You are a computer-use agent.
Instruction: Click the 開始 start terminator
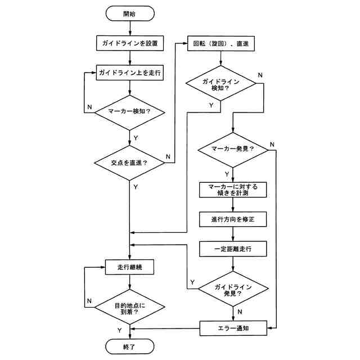[129, 13]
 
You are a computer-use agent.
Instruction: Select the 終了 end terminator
[129, 345]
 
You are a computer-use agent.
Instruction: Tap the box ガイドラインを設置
[130, 43]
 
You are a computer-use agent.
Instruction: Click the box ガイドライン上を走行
[130, 73]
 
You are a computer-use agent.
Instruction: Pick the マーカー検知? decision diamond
[130, 112]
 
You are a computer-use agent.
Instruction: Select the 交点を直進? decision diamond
[130, 163]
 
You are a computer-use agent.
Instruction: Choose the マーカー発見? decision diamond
[232, 150]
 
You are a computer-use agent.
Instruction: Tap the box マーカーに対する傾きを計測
[233, 190]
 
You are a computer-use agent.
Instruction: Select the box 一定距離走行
[233, 247]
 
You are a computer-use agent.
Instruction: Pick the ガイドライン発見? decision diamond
[233, 289]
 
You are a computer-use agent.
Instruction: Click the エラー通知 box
[233, 327]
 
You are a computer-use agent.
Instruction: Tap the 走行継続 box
[129, 267]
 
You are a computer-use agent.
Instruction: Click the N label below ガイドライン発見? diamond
[240, 310]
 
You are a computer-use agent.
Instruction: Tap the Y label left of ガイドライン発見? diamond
[192, 281]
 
